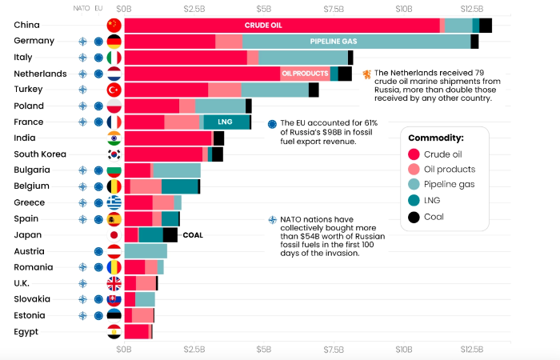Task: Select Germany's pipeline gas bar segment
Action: point(356,41)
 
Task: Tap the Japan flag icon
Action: point(114,235)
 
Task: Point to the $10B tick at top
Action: point(403,9)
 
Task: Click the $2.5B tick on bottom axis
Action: point(194,349)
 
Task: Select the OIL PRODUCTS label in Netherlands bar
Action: point(304,74)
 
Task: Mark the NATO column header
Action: point(82,9)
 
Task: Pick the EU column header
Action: point(98,9)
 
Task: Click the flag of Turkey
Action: point(114,90)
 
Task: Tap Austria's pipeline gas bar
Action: point(146,251)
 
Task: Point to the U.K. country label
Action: point(24,283)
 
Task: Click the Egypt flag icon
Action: point(114,332)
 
